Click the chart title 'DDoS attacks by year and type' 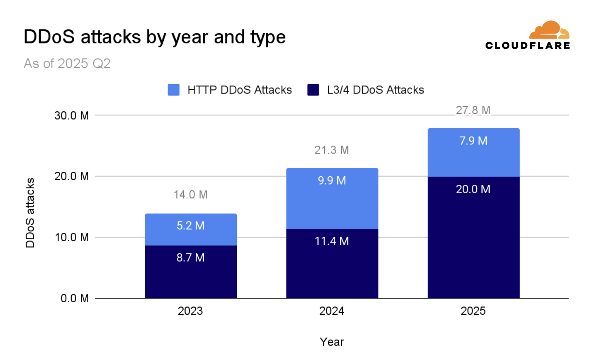click(x=155, y=37)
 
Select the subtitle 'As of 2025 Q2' click(x=67, y=63)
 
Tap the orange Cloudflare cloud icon click(x=549, y=30)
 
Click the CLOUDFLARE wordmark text click(x=527, y=46)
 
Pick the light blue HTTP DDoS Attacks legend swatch click(x=173, y=90)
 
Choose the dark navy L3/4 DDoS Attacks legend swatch click(x=313, y=90)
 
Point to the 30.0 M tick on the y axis click(x=71, y=115)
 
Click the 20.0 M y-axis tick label click(x=71, y=176)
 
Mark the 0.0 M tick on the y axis click(x=74, y=298)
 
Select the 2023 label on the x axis click(x=190, y=311)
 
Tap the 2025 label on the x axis click(x=473, y=311)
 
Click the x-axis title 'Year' click(x=332, y=342)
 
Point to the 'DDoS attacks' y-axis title click(x=30, y=213)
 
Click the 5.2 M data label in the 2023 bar click(x=190, y=226)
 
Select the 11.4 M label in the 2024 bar click(x=332, y=241)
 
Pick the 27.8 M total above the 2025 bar click(x=473, y=110)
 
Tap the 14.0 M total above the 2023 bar click(x=190, y=195)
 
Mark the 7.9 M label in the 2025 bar click(x=473, y=141)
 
